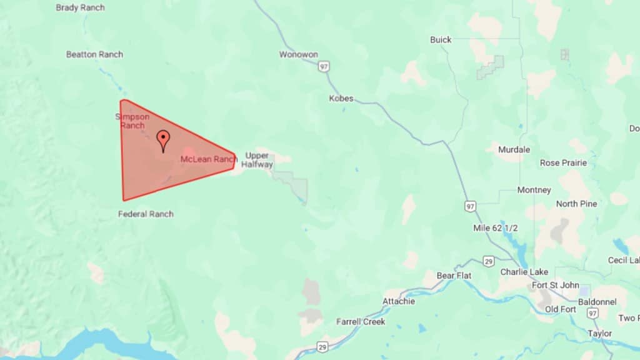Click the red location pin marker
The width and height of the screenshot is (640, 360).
(163, 139)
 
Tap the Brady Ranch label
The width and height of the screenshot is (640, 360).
(80, 7)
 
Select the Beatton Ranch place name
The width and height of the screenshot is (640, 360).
(94, 54)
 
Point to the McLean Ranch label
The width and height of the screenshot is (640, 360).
(208, 159)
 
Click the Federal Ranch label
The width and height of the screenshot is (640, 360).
(146, 214)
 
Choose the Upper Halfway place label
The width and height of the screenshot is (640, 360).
(257, 160)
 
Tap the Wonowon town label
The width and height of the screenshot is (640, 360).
(298, 54)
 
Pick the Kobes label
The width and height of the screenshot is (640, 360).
(341, 98)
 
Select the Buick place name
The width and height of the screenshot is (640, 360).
(441, 39)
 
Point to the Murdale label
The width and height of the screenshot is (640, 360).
(514, 149)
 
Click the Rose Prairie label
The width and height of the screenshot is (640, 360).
(563, 163)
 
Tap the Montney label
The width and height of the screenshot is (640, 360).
(534, 190)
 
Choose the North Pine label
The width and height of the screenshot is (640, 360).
(576, 204)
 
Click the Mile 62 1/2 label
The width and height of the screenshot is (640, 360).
(495, 228)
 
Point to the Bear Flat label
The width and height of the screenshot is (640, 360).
(454, 275)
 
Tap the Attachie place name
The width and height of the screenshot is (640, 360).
(398, 301)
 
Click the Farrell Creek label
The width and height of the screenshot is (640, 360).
(361, 321)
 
